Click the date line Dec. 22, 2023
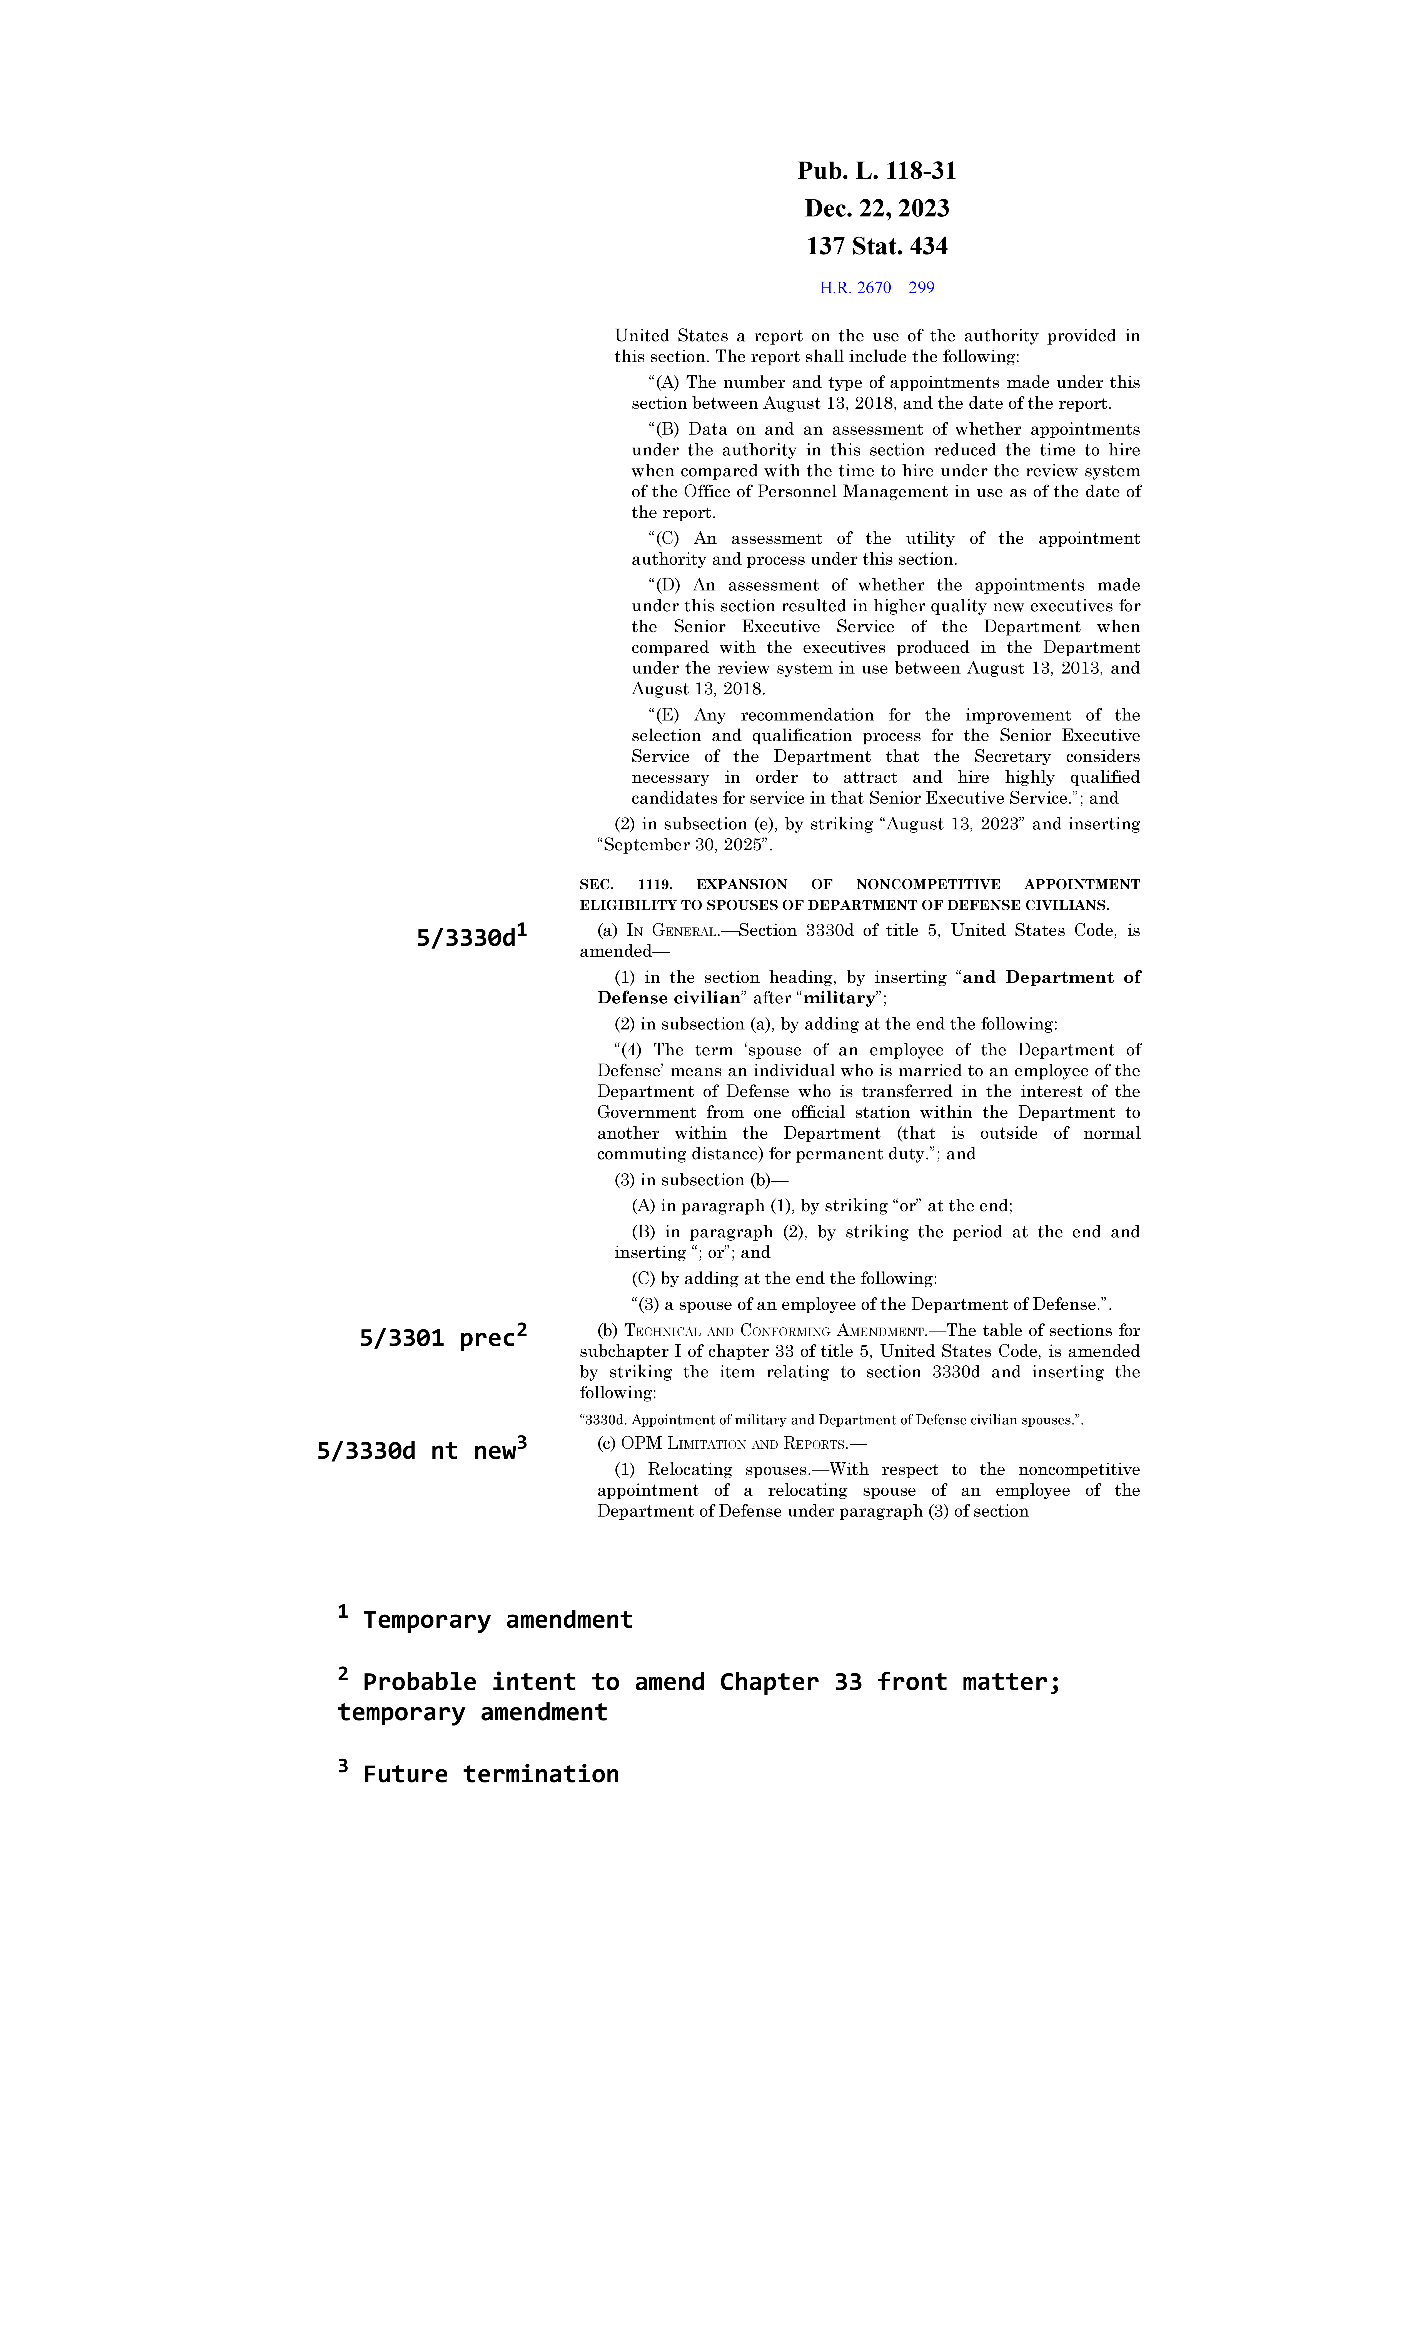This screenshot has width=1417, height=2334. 876,208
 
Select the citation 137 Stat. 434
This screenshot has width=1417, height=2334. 876,246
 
